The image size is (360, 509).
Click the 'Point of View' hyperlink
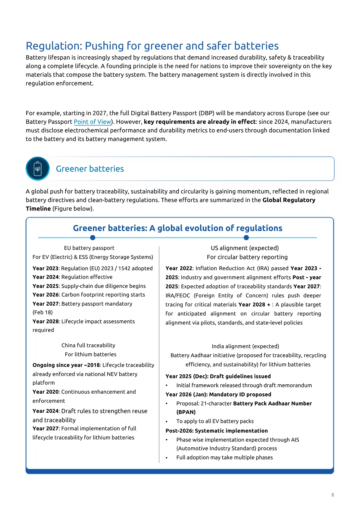[92, 122]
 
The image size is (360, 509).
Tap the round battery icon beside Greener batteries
[38, 169]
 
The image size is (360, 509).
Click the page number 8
[333, 495]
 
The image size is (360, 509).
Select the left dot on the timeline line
[93, 238]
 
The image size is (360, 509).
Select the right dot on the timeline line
[246, 238]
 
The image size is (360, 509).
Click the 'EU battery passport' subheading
[89, 248]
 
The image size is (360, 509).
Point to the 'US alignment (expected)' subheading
[245, 248]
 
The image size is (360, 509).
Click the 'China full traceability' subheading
[88, 345]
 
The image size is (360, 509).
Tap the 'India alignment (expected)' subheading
[245, 346]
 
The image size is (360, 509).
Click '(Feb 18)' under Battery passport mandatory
[43, 312]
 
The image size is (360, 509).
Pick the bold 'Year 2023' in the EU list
[45, 268]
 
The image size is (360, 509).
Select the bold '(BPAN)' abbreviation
[186, 412]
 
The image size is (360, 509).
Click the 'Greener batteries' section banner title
[90, 169]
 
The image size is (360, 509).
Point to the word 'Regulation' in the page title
[54, 46]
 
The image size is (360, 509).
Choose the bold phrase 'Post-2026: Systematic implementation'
[217, 431]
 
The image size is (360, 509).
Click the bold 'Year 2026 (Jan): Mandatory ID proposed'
[218, 394]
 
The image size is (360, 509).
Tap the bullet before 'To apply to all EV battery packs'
[167, 421]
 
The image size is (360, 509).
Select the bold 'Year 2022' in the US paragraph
[179, 268]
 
